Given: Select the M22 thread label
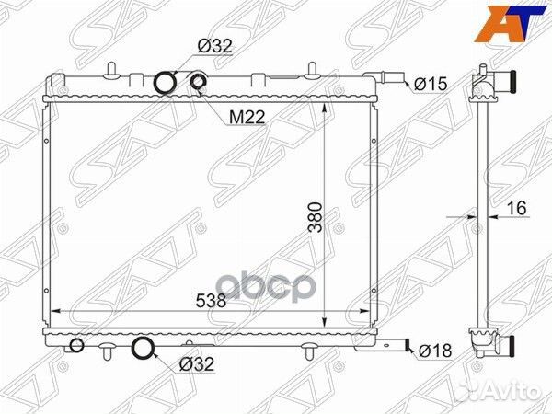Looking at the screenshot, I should [247, 118].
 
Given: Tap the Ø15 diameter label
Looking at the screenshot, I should [430, 85].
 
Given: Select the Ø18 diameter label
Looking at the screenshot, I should [433, 351].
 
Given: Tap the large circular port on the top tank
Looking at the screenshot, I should [165, 84].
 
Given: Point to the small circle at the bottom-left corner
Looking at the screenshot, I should [75, 346].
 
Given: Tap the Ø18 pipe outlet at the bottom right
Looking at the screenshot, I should [398, 348].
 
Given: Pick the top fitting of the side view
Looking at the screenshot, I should [484, 85].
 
